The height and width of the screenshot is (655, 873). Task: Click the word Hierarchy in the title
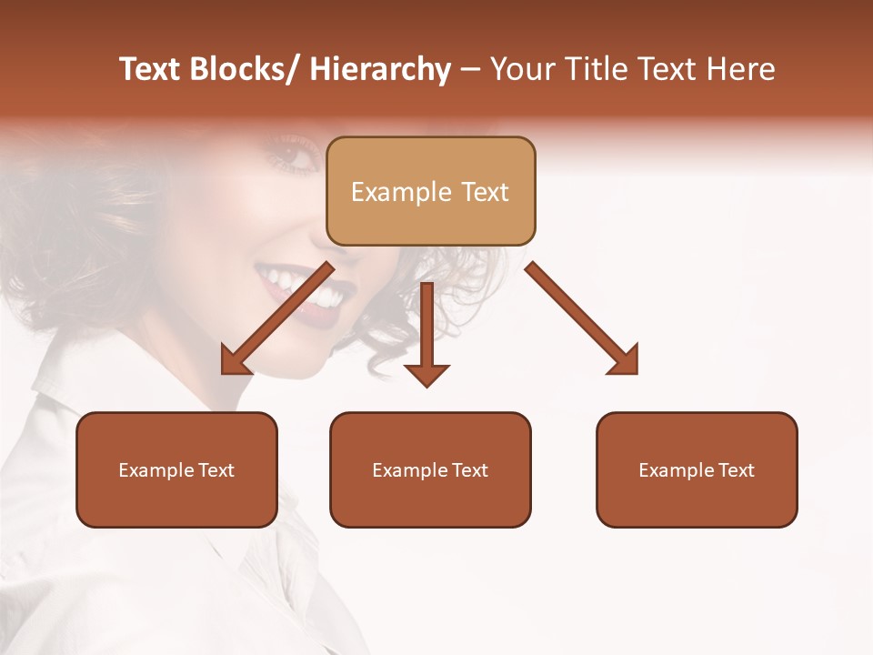pyautogui.click(x=380, y=70)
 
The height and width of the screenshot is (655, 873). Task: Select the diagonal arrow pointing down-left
pyautogui.click(x=276, y=318)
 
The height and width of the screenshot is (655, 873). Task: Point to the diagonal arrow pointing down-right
pyautogui.click(x=582, y=318)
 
